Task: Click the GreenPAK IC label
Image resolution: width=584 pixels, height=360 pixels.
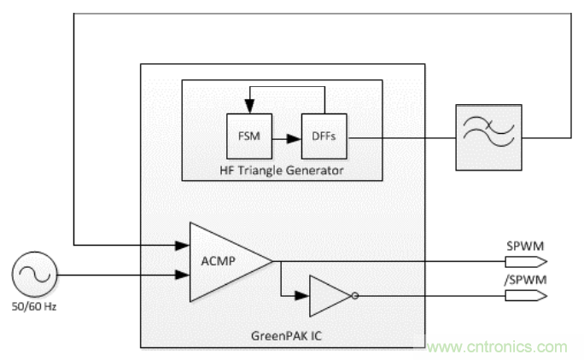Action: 283,336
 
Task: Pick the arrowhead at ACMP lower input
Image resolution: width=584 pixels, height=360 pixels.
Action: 182,275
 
